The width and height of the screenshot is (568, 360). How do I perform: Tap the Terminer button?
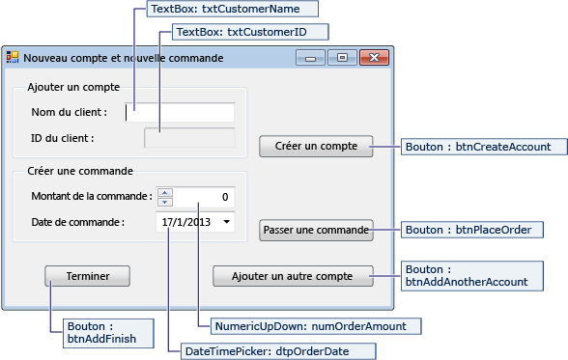coord(87,276)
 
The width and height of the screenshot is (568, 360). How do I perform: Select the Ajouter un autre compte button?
coord(293,276)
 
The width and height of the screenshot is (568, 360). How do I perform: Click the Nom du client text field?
coord(180,112)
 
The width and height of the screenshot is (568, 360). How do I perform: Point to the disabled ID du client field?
coord(188,137)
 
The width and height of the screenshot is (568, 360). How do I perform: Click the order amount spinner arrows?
coord(164,197)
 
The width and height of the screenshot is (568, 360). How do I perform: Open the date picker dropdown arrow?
coord(226,222)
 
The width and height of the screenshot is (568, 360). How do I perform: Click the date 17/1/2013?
coord(187,222)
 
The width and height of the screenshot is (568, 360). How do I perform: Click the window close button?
coord(372,58)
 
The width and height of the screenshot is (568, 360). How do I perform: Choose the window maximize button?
coord(341,58)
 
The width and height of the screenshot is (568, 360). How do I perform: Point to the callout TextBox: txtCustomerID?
coord(249,32)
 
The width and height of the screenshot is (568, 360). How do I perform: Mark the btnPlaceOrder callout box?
coord(473,230)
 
